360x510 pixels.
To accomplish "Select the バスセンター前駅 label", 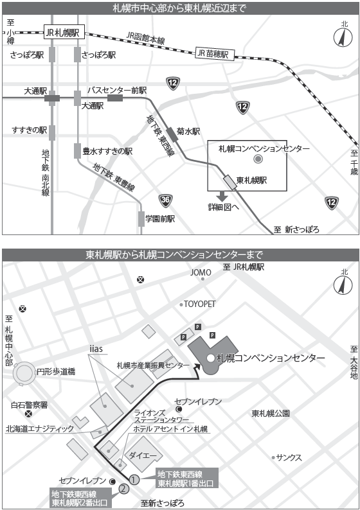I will pyautogui.click(x=117, y=90).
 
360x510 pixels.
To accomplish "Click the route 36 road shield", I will pyautogui.click(x=166, y=200).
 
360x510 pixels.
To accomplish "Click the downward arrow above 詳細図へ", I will pyautogui.click(x=222, y=195).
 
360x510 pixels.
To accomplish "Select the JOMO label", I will pyautogui.click(x=201, y=272).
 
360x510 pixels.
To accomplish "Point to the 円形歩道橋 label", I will pyautogui.click(x=57, y=371).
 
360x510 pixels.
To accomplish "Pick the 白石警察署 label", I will pyautogui.click(x=30, y=405).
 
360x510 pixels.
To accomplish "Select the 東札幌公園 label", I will pyautogui.click(x=271, y=413).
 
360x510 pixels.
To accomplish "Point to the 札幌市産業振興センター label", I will pyautogui.click(x=151, y=365).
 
